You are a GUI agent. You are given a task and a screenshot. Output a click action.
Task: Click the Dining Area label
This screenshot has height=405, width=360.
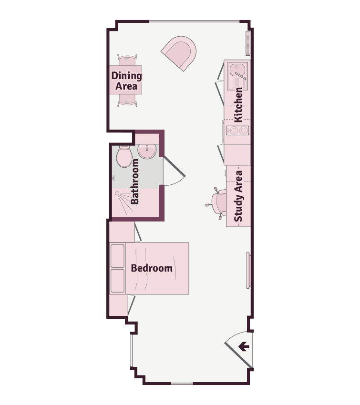point(126,81)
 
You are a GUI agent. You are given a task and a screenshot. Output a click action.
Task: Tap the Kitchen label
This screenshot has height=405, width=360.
point(238,105)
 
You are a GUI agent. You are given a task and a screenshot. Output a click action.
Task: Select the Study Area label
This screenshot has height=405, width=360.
point(238,196)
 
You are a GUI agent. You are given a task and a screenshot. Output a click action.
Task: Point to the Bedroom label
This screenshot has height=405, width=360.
point(152,268)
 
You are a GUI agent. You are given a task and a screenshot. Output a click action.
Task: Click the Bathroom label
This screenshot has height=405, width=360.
point(134,182)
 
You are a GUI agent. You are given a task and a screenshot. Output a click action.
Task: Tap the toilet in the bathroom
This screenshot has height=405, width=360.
point(124,157)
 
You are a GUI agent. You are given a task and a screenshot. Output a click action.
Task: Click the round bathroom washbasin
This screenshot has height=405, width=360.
point(147,151)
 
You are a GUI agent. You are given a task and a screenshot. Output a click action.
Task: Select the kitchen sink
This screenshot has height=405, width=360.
point(237,76)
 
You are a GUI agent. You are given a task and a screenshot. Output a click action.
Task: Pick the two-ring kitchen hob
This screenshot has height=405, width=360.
point(237,131)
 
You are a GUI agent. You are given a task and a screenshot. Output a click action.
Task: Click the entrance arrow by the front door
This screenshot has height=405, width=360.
point(244,346)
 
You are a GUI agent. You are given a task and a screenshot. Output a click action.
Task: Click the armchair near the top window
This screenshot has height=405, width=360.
point(179,53)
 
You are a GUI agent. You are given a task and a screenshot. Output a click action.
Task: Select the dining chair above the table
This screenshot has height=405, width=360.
point(127,60)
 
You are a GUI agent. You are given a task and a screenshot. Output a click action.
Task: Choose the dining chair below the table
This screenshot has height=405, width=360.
point(127,100)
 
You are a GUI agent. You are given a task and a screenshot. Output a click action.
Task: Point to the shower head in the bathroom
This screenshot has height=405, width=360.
point(117,193)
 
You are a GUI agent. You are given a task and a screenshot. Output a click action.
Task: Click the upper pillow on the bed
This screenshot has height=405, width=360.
point(118,256)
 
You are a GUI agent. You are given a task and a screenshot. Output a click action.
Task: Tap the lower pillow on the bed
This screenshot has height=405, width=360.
point(118,281)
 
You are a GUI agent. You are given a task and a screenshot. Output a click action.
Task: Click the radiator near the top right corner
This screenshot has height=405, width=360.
point(248,43)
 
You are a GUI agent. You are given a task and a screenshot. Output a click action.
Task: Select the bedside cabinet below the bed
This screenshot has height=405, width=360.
point(119,305)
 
